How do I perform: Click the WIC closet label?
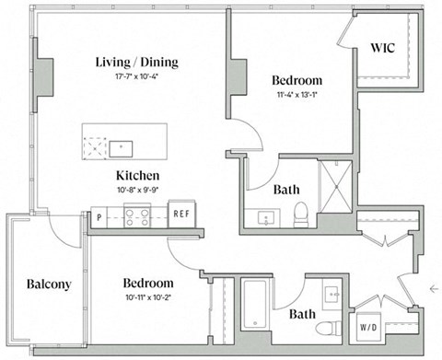382,47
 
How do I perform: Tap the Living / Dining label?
137,62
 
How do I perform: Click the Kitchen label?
138,175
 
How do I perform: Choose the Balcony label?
49,284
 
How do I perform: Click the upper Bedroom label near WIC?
297,80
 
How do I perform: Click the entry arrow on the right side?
434,288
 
